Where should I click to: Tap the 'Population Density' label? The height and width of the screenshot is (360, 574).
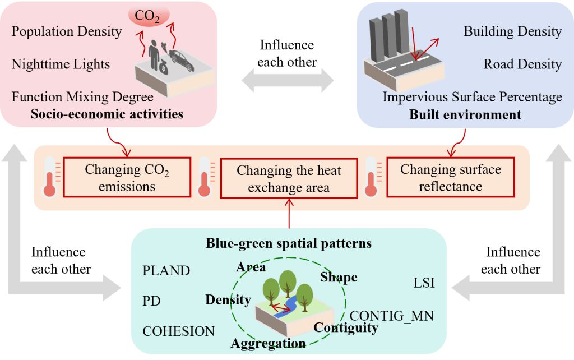(x=66, y=31)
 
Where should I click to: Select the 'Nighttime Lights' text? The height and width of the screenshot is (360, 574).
(x=61, y=64)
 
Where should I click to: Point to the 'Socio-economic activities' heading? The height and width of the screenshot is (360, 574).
(x=107, y=114)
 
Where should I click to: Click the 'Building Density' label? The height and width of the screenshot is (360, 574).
(x=512, y=31)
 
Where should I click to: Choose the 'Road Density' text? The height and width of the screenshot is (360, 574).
(x=522, y=64)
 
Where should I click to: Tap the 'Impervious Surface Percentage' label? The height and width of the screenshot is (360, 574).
(x=472, y=97)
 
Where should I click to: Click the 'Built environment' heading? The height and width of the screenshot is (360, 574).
(x=465, y=115)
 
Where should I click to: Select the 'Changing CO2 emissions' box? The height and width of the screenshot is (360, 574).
(x=127, y=178)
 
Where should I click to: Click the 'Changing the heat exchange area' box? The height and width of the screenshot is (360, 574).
(x=289, y=179)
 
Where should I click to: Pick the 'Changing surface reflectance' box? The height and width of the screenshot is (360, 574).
(x=450, y=178)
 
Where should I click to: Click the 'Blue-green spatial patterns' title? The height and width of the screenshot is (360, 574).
(x=289, y=244)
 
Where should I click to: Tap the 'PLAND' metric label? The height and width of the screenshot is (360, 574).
(x=166, y=271)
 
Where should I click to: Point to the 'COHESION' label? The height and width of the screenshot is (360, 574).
(x=178, y=331)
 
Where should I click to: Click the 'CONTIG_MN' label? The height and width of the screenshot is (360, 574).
(x=392, y=316)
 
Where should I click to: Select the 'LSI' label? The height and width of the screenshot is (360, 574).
(x=423, y=284)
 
